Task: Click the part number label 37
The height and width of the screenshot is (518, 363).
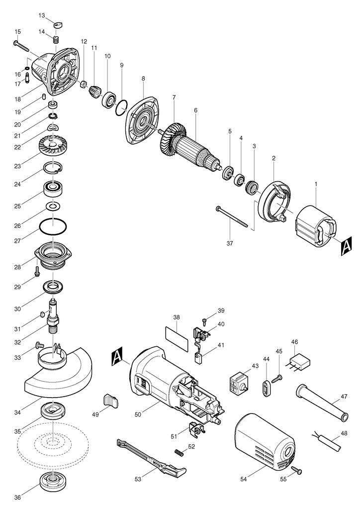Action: coord(230,243)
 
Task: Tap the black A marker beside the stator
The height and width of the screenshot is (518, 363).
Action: coord(346,246)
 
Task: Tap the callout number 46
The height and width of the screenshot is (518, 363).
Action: coord(295,341)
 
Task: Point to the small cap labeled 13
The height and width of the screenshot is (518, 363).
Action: coord(58,25)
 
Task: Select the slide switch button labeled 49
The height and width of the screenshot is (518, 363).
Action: coord(111,401)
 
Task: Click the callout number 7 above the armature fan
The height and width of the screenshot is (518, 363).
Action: coord(174,98)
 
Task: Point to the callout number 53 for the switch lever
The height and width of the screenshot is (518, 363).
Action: coord(138,479)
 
